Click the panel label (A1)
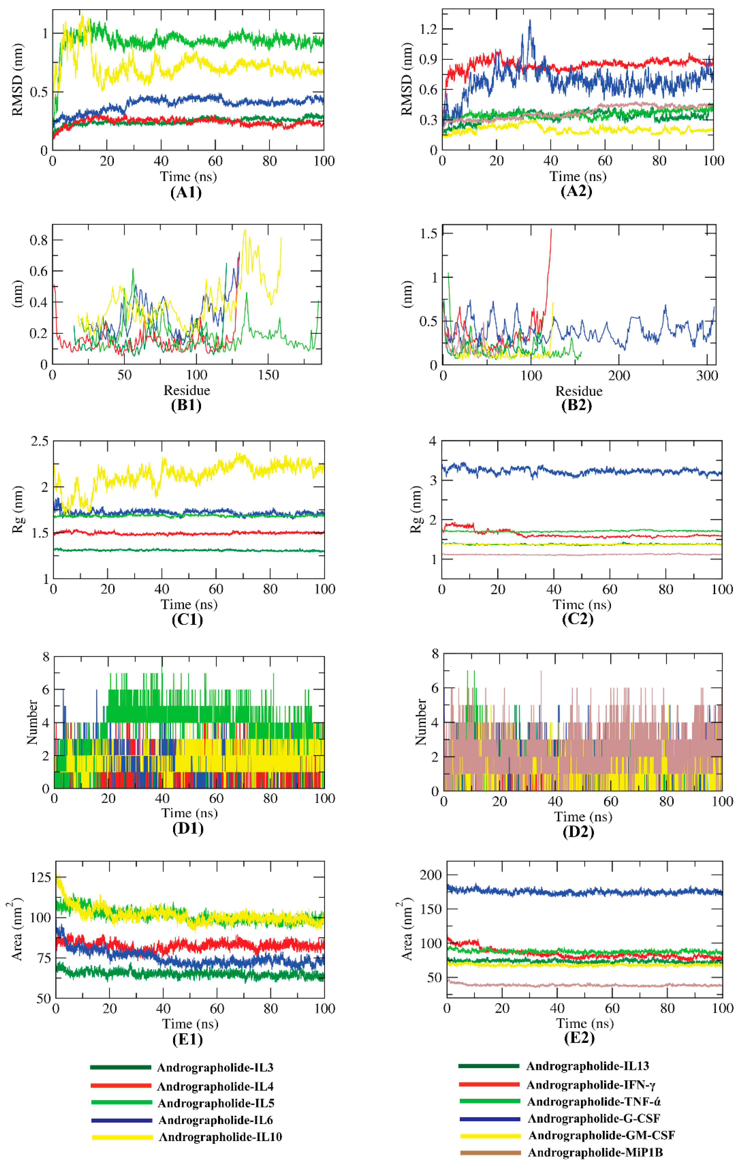pyautogui.click(x=186, y=192)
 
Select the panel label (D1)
pyautogui.click(x=188, y=828)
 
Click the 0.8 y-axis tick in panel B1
pyautogui.click(x=39, y=240)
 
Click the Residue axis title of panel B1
pyautogui.click(x=187, y=390)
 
